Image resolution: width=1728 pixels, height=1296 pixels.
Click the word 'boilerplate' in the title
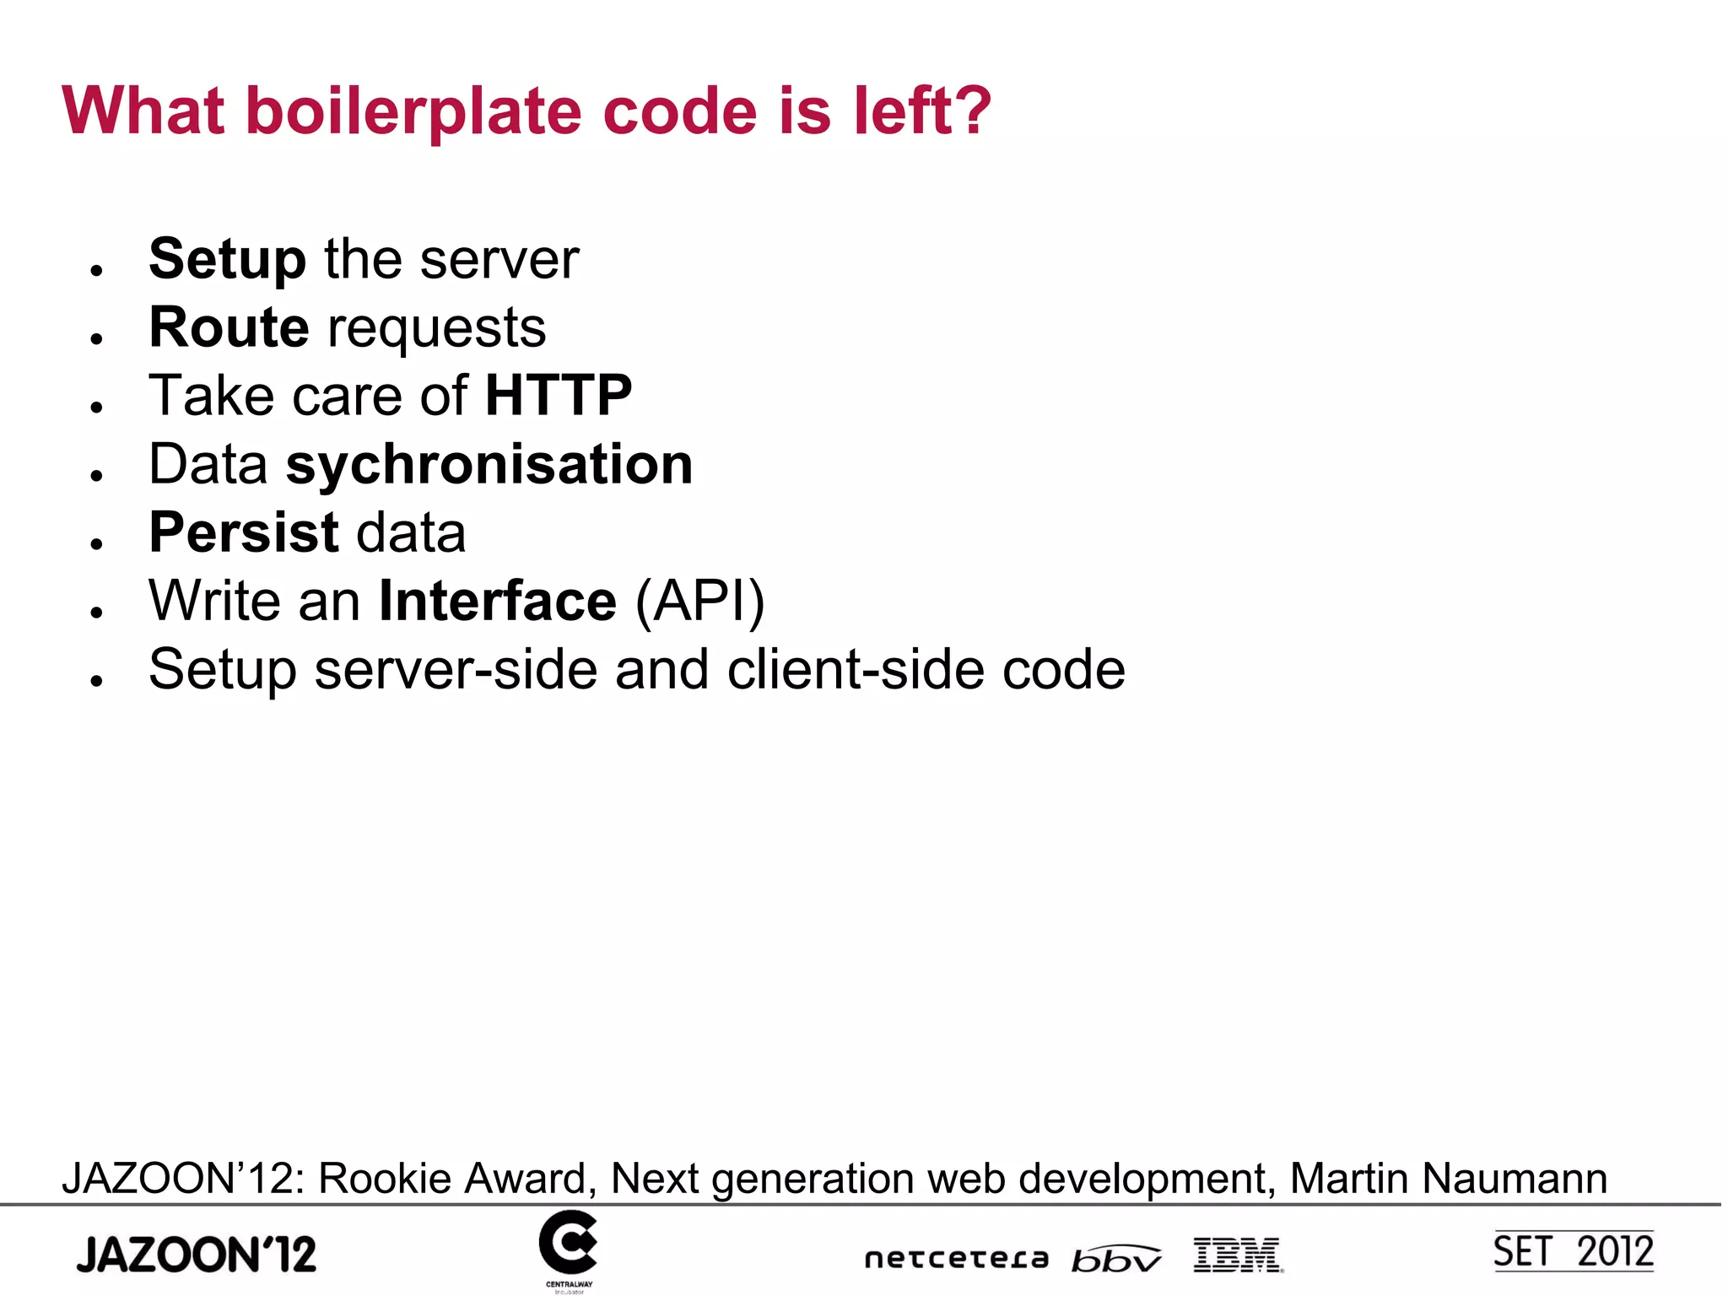tap(414, 111)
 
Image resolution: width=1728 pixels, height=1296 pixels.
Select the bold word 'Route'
tap(229, 327)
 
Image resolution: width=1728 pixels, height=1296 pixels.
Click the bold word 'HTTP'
tap(558, 396)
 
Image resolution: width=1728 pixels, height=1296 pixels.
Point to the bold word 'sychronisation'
tap(489, 465)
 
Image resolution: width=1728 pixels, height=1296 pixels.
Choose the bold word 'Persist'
tap(244, 533)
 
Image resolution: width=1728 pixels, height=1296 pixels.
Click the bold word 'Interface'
tap(498, 602)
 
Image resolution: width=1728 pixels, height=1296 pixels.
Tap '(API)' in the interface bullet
tap(699, 602)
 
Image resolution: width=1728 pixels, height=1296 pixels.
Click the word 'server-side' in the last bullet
tap(456, 670)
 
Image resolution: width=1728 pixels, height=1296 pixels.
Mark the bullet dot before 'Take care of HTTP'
tap(97, 407)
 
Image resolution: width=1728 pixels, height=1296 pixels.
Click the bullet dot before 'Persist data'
tap(97, 543)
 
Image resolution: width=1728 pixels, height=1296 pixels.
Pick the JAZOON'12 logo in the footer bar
tap(197, 1254)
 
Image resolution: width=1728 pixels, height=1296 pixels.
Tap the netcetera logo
tap(956, 1259)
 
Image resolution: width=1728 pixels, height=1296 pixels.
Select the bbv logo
tap(1115, 1258)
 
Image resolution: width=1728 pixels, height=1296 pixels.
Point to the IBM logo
tap(1238, 1255)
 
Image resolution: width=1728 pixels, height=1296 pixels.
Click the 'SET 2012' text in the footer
tap(1573, 1251)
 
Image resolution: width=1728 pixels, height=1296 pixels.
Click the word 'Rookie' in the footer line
tap(382, 1178)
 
